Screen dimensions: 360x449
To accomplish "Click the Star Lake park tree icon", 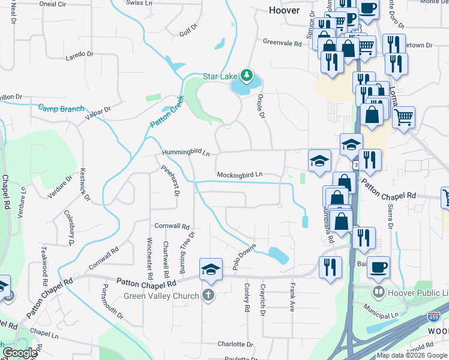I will (x=246, y=75).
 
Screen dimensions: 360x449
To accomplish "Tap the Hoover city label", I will (x=284, y=10).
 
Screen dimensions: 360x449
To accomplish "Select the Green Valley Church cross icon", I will (x=208, y=295).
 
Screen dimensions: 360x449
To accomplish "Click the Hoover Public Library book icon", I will (x=378, y=293).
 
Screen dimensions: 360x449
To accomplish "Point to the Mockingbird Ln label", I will (x=240, y=175).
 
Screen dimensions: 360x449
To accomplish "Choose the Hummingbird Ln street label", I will (x=185, y=154).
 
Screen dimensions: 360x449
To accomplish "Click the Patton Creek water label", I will (x=166, y=112).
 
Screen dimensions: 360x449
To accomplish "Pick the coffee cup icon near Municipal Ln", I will (x=378, y=267).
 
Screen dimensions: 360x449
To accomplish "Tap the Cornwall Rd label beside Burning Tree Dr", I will (x=172, y=226).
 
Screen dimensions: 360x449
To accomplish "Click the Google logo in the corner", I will (x=20, y=353).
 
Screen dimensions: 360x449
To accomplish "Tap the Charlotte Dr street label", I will (x=235, y=344).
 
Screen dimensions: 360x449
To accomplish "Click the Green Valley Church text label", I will (x=161, y=296).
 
